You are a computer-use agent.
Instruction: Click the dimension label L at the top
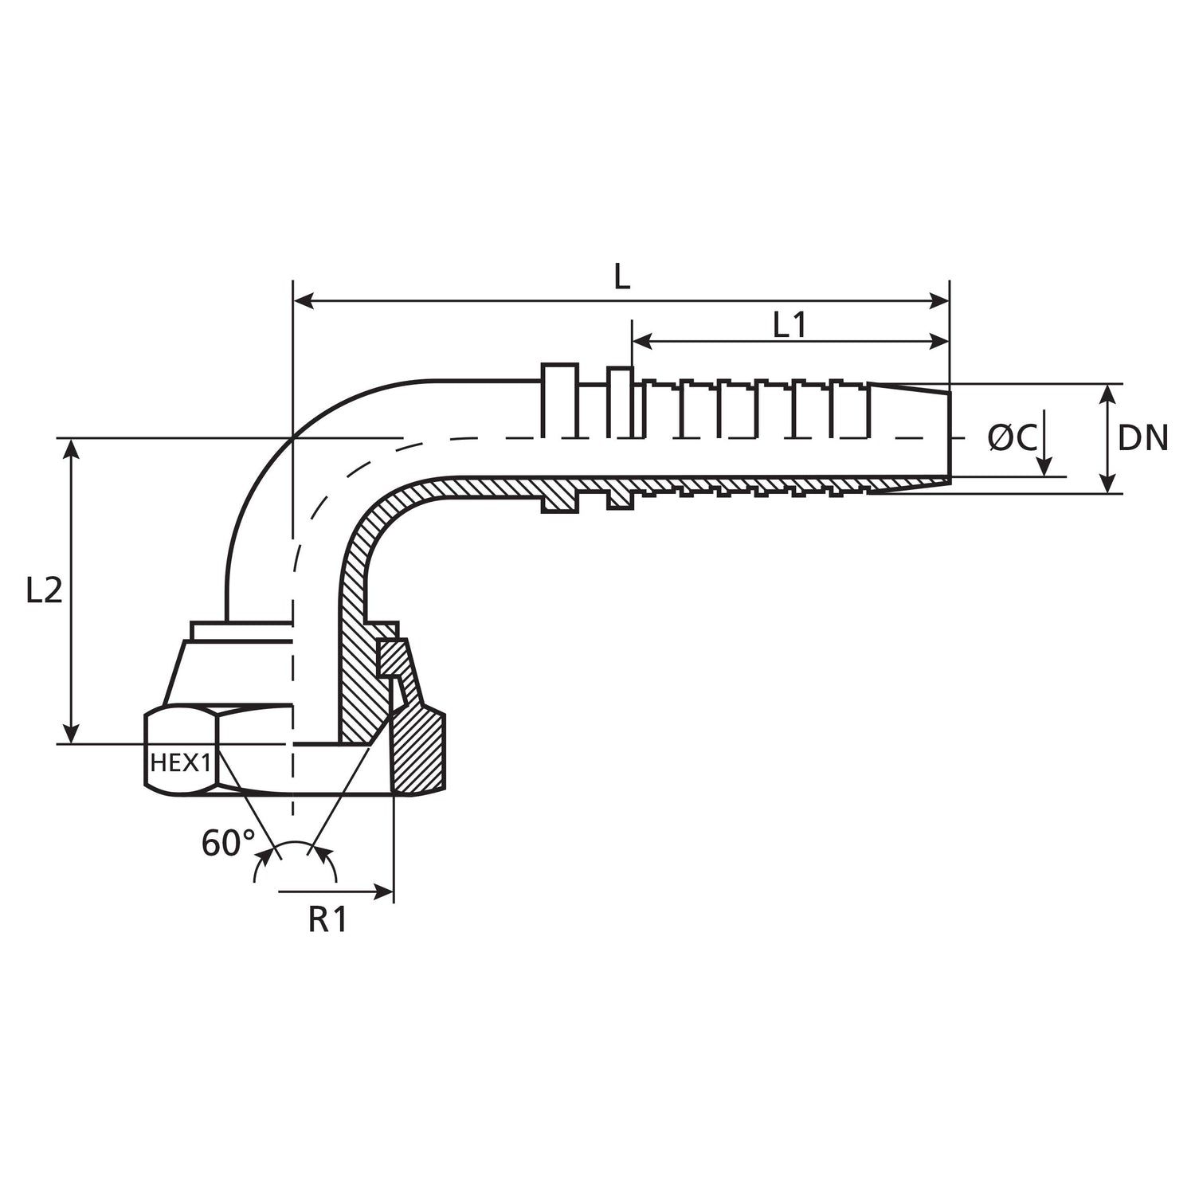[622, 276]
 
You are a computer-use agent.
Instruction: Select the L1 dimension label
[789, 324]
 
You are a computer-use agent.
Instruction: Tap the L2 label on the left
[44, 590]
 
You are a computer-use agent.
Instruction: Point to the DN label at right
[1142, 438]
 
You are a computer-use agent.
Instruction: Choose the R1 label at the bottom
[327, 920]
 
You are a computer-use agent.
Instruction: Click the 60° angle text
[228, 844]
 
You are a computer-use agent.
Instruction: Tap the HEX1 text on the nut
[180, 763]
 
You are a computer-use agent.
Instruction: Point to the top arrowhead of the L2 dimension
[72, 448]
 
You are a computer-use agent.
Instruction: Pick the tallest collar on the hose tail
[559, 401]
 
